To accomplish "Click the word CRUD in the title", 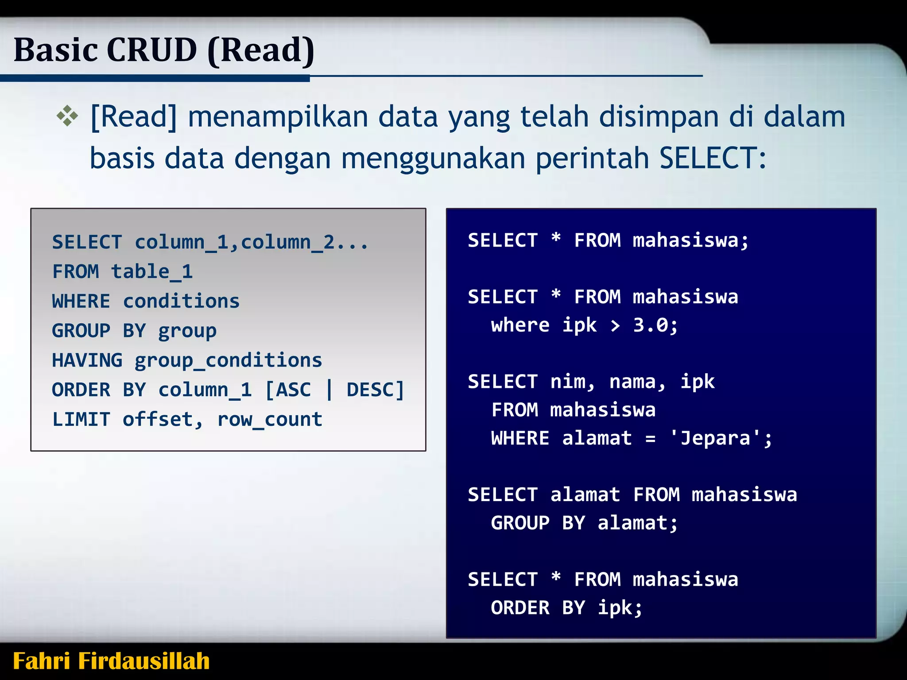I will [151, 50].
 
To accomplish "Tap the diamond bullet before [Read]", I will [67, 116].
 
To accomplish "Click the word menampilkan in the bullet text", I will [278, 117].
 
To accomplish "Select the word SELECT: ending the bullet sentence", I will [713, 158].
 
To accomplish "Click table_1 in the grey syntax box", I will [152, 271].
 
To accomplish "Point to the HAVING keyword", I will [87, 360].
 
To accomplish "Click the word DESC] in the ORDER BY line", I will [375, 390].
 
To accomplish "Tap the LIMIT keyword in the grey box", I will [81, 419].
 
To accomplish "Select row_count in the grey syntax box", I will [270, 420].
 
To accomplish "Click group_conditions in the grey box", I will [229, 360].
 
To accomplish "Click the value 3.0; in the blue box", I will [655, 325].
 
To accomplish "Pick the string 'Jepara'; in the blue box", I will [721, 438].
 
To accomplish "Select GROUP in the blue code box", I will [520, 523].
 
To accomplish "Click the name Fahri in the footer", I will [42, 661].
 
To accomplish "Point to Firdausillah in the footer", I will [144, 661].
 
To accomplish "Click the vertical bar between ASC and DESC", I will [329, 390].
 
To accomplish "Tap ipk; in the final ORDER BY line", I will [620, 608].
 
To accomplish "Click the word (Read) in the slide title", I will [261, 50].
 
